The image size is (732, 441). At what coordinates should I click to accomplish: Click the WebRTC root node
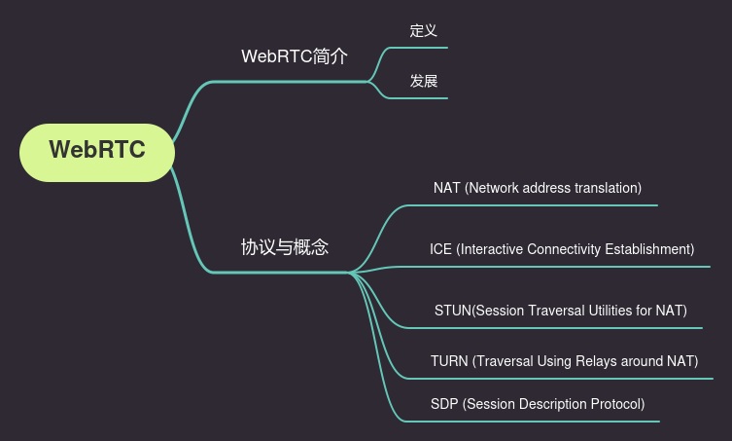pos(97,151)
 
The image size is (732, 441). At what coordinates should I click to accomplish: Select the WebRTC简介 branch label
pos(294,56)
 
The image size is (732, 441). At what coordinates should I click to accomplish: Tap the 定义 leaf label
pos(423,30)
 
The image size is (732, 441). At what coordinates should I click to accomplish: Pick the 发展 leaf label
pos(423,81)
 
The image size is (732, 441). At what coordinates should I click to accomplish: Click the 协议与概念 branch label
pos(285,247)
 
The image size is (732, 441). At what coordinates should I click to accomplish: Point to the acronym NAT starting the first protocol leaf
pos(446,188)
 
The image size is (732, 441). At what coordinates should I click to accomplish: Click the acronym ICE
pos(440,249)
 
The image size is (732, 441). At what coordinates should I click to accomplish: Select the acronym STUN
pos(452,311)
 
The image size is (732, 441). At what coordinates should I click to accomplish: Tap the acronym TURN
pos(449,361)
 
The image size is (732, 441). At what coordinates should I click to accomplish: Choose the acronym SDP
pos(444,404)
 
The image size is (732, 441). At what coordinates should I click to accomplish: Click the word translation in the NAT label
pos(606,188)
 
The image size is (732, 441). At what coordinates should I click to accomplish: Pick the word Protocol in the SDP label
pos(612,404)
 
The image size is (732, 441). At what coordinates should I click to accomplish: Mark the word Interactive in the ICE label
pos(491,249)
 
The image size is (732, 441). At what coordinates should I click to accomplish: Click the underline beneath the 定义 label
pos(428,47)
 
